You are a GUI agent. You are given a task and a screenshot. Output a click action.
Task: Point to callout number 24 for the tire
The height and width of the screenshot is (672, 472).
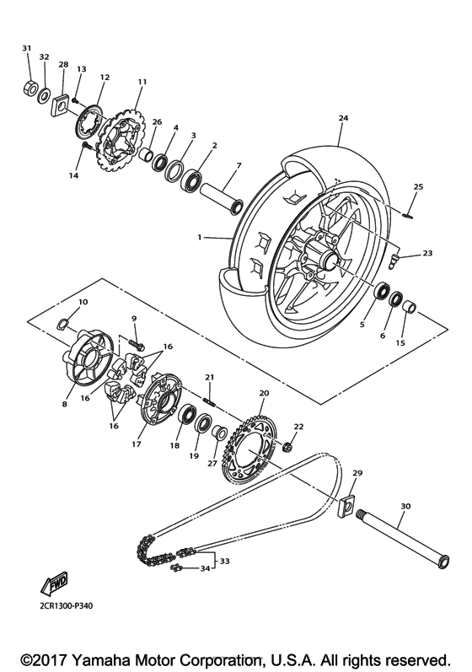click(343, 118)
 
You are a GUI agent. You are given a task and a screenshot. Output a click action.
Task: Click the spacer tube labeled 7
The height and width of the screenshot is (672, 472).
click(222, 191)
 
